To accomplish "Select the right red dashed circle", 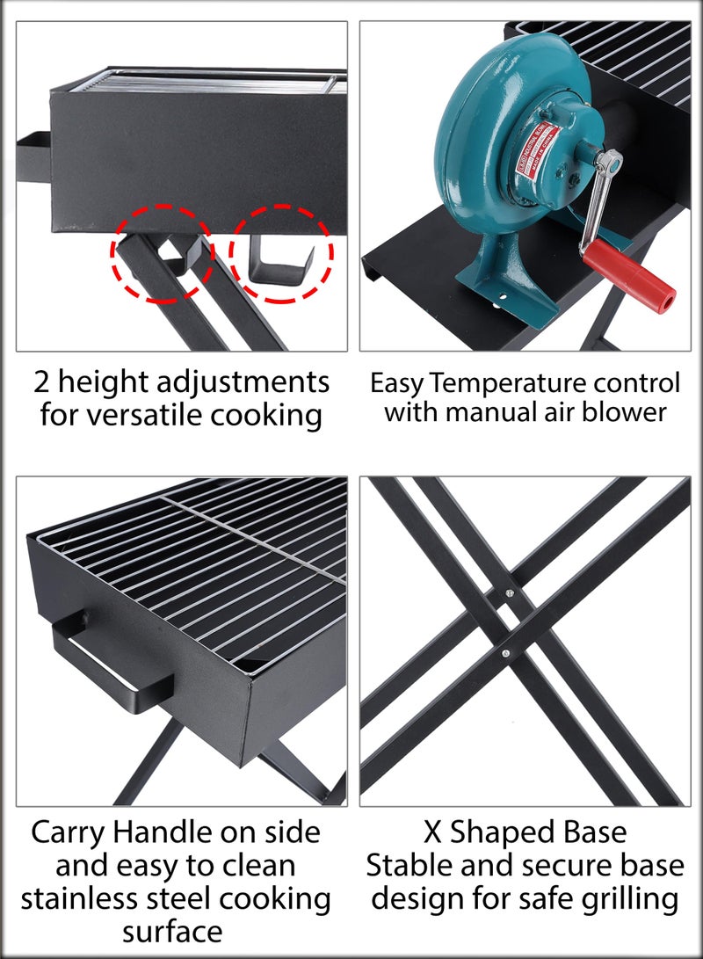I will pyautogui.click(x=281, y=252).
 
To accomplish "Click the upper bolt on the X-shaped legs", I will pyautogui.click(x=509, y=595).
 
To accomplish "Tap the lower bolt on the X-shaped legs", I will pyautogui.click(x=506, y=653).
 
